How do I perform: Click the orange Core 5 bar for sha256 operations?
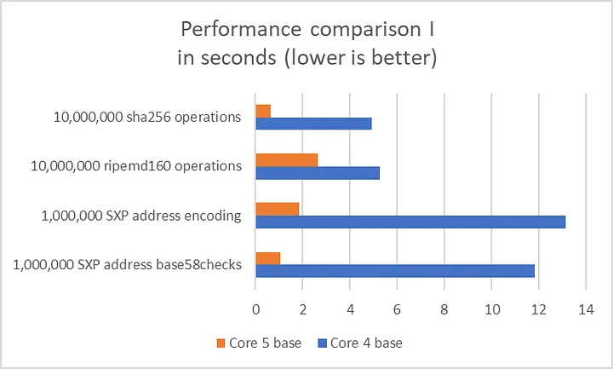[x=263, y=111]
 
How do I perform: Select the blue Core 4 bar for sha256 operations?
[x=313, y=124]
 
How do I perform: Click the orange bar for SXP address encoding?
[x=278, y=209]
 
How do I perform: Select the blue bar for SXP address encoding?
[x=410, y=222]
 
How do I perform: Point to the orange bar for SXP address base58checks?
[x=268, y=257]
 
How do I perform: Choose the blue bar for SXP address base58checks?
[x=395, y=271]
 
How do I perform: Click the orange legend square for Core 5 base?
[x=220, y=343]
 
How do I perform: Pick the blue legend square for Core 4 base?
[x=322, y=343]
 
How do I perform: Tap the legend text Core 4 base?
[x=366, y=343]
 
